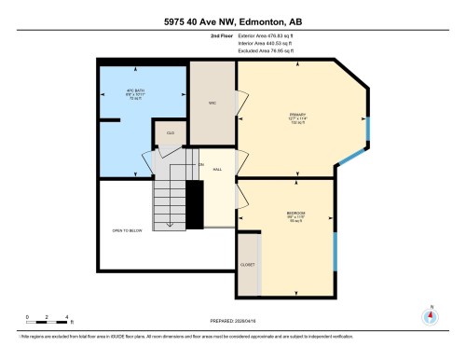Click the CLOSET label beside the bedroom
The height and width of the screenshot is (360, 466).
pyautogui.click(x=248, y=264)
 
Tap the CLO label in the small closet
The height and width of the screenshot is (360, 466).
pyautogui.click(x=171, y=133)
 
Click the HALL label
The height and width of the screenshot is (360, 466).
pyautogui.click(x=217, y=170)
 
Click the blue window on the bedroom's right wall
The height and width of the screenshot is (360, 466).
pyautogui.click(x=334, y=252)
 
